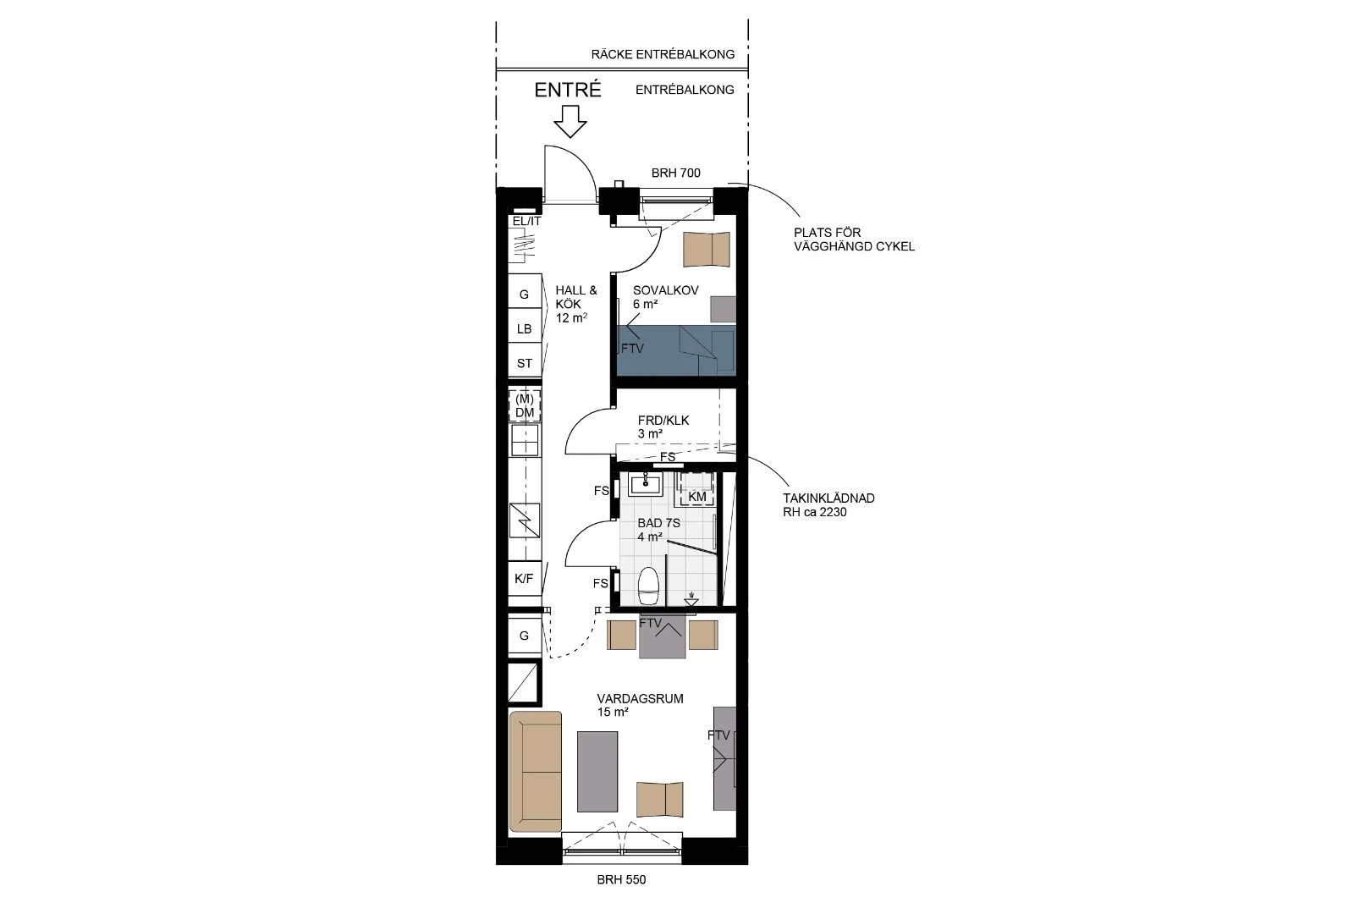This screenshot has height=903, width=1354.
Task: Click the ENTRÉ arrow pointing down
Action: [570, 122]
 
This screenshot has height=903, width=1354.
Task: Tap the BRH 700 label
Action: [676, 173]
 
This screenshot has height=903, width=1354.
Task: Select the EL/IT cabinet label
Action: [526, 221]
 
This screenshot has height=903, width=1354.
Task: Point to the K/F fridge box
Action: [524, 578]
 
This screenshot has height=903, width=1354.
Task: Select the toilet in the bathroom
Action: [648, 586]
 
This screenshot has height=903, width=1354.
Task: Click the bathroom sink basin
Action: [647, 484]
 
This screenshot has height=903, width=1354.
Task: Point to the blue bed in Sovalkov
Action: [676, 350]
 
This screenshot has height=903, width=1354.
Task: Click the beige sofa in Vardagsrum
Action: [536, 771]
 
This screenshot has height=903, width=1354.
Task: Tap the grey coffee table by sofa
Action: [597, 771]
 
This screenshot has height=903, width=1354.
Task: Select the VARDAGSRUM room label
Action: [640, 699]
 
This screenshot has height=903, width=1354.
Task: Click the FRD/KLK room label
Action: [663, 420]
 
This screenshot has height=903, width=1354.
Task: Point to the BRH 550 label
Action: [621, 879]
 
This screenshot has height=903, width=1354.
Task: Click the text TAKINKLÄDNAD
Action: [828, 498]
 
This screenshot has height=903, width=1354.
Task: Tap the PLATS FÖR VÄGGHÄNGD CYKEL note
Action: [854, 240]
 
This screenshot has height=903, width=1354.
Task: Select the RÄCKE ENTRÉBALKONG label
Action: [663, 54]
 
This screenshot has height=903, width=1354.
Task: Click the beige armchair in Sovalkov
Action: [707, 249]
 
